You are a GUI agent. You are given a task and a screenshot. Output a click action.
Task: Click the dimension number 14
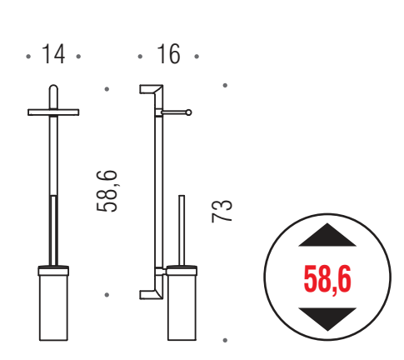tap(53, 54)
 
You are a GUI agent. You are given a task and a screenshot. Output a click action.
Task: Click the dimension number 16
tap(168, 54)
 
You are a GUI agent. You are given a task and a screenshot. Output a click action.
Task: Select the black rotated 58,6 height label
tap(107, 191)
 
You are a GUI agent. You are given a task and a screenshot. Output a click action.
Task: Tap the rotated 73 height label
tap(222, 211)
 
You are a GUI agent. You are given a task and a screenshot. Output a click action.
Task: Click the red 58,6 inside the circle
tap(327, 279)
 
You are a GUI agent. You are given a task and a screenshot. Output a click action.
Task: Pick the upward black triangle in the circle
tap(327, 235)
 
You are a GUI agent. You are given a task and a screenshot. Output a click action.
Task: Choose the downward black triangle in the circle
tap(327, 319)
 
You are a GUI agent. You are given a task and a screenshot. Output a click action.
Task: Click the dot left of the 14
tap(28, 57)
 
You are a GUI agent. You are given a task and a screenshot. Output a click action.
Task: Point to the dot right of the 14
tap(78, 57)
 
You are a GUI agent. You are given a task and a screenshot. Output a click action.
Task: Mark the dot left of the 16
tap(140, 57)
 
